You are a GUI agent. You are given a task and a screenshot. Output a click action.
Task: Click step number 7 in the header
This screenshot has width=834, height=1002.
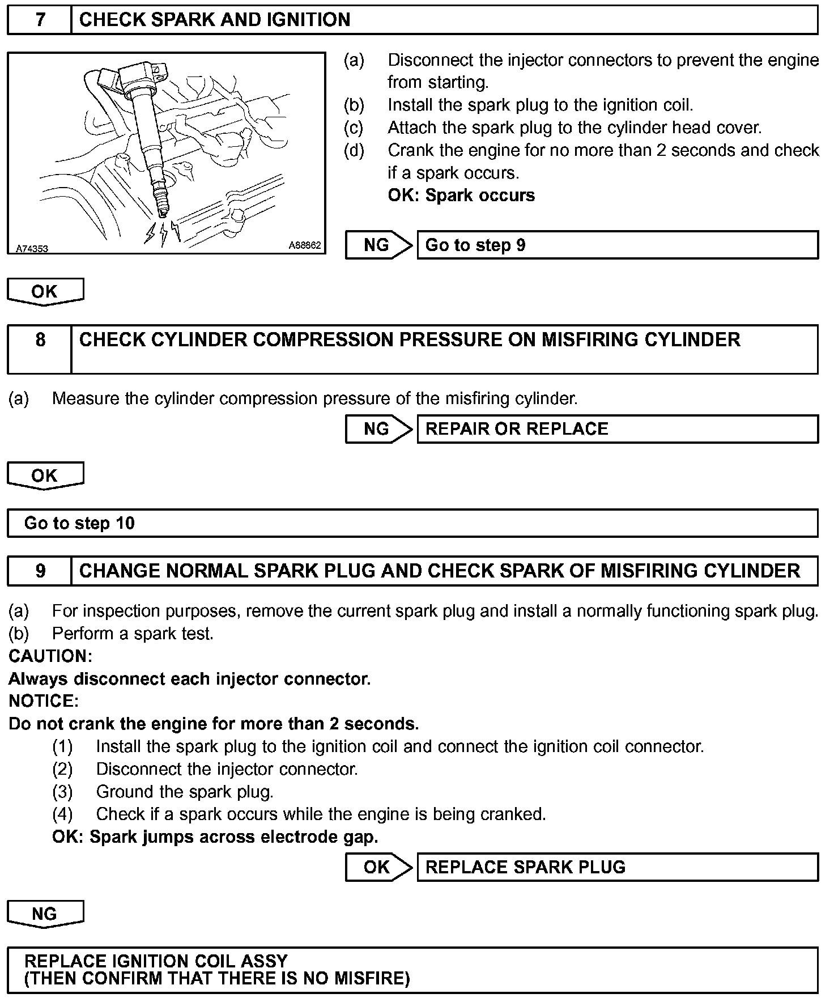pos(40,20)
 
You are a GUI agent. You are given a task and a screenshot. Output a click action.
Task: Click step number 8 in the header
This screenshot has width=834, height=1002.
pos(40,340)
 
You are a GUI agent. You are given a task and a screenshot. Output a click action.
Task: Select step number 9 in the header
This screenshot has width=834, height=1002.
pos(40,571)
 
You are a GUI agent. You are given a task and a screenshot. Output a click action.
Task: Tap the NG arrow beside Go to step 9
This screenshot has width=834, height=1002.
pos(377,245)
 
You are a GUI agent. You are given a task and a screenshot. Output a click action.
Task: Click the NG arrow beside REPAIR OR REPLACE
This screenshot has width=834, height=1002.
pos(377,428)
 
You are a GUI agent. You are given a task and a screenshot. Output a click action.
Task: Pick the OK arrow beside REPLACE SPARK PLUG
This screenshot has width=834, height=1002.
pos(377,867)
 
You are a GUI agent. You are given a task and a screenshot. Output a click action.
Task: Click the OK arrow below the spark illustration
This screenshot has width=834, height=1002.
pos(45,291)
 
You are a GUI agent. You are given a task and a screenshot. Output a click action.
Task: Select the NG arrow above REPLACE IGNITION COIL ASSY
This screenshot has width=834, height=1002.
pos(45,914)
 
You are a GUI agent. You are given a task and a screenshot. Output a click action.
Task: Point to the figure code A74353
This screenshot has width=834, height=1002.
pos(32,248)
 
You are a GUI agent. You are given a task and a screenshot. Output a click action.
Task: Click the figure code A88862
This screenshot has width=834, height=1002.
pos(305,245)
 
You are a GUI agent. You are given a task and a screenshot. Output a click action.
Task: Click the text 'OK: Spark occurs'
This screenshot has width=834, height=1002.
pos(461,196)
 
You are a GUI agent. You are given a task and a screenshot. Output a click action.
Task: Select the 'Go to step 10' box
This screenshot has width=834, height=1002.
pos(412,523)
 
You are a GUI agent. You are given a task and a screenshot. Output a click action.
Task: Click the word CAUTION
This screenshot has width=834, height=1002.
pos(50,656)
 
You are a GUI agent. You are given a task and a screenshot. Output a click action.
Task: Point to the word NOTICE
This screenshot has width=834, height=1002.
pos(44,701)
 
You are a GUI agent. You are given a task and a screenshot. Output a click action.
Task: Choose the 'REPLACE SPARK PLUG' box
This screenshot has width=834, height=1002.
pos(617,867)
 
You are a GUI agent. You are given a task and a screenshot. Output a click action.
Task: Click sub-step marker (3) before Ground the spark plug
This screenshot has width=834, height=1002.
pos(62,792)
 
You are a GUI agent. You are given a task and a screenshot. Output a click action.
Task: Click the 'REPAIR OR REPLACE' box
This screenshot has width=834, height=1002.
pos(617,428)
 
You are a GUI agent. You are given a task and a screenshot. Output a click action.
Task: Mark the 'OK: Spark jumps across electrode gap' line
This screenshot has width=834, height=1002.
pos(215,837)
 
